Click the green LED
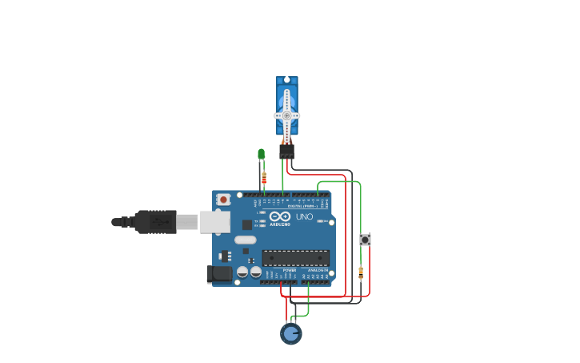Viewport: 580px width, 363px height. [261, 154]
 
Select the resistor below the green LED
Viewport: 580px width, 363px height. [264, 178]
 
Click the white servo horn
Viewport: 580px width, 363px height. [287, 115]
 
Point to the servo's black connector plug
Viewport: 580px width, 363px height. [287, 151]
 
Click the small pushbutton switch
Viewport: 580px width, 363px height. [365, 240]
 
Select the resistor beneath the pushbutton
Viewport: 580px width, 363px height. [361, 272]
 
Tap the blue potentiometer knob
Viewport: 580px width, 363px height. [290, 333]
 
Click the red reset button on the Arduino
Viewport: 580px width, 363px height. [224, 199]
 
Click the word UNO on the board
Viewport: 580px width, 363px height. [305, 217]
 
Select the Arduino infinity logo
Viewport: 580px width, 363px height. [279, 217]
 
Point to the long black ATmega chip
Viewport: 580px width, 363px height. [295, 258]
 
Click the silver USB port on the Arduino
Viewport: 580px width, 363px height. [214, 222]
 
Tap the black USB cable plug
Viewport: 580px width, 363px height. [155, 221]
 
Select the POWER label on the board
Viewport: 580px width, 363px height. [290, 270]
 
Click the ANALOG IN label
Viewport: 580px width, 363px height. [318, 270]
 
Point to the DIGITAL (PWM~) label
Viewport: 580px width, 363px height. [302, 206]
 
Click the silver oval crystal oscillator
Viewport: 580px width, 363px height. [246, 240]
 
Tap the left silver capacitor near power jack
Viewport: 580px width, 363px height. [243, 272]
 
